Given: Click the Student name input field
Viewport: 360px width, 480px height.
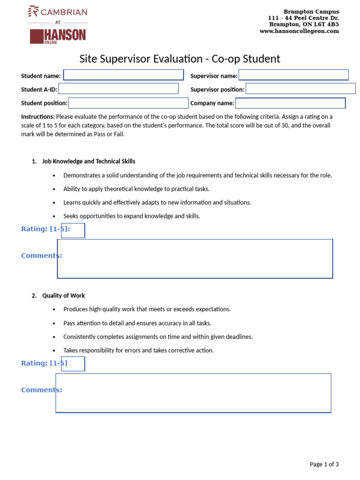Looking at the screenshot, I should click(x=123, y=75).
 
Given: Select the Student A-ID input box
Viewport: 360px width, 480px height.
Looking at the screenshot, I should click(x=118, y=89).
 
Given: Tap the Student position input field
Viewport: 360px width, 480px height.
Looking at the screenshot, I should click(x=128, y=103).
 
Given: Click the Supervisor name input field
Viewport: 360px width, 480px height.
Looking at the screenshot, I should click(x=293, y=75).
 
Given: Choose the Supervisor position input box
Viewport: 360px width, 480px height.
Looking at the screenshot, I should click(x=300, y=89).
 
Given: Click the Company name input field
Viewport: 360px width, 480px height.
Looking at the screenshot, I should click(x=290, y=103).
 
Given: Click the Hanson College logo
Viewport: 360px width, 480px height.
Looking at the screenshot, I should click(x=58, y=36).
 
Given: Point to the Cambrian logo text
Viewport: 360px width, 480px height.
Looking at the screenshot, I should click(x=58, y=12).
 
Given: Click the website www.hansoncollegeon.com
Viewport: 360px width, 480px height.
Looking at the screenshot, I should click(x=299, y=31).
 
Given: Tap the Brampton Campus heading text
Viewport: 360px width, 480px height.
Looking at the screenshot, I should click(x=311, y=11).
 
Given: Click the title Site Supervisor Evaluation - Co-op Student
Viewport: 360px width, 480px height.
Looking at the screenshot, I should click(x=180, y=59).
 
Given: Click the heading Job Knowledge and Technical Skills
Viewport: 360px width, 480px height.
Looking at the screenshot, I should click(x=89, y=161).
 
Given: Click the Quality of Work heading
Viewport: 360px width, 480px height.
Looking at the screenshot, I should click(x=63, y=296).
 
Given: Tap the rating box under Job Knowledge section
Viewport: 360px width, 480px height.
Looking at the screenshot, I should click(x=73, y=231).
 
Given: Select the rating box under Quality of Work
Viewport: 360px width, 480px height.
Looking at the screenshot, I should click(x=73, y=364).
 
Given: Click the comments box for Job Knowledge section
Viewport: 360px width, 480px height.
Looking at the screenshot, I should click(x=195, y=259).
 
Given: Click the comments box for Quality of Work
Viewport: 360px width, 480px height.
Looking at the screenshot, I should click(x=193, y=393).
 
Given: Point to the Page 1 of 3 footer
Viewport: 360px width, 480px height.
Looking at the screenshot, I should click(x=324, y=465).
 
